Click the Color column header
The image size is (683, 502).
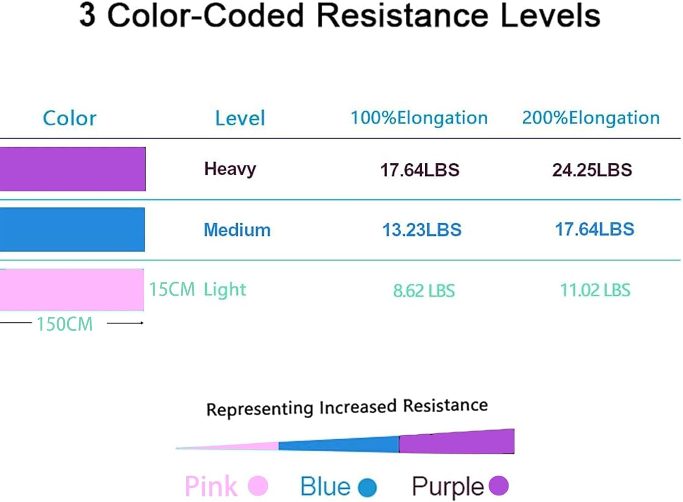click(x=70, y=118)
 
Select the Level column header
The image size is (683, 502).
click(x=240, y=118)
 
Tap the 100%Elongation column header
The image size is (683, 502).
click(x=419, y=118)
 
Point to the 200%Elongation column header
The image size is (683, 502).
click(x=591, y=118)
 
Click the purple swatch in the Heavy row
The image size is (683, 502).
click(x=72, y=169)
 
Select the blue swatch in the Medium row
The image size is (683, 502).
click(x=72, y=229)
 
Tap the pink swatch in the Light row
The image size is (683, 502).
click(x=72, y=290)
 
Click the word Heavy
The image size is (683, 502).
click(x=230, y=169)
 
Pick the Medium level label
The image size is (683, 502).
click(x=237, y=230)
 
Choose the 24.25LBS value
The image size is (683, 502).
click(x=592, y=170)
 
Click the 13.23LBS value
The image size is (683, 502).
click(x=422, y=230)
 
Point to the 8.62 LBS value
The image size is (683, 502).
click(x=424, y=291)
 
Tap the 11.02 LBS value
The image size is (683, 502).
click(x=595, y=290)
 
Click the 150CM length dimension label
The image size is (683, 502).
click(x=65, y=324)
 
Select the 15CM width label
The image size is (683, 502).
click(x=172, y=289)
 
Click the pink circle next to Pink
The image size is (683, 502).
click(x=258, y=486)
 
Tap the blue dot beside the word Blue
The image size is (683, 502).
click(x=367, y=487)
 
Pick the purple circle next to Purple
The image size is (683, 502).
click(x=499, y=485)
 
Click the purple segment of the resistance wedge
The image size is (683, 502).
click(x=457, y=442)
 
